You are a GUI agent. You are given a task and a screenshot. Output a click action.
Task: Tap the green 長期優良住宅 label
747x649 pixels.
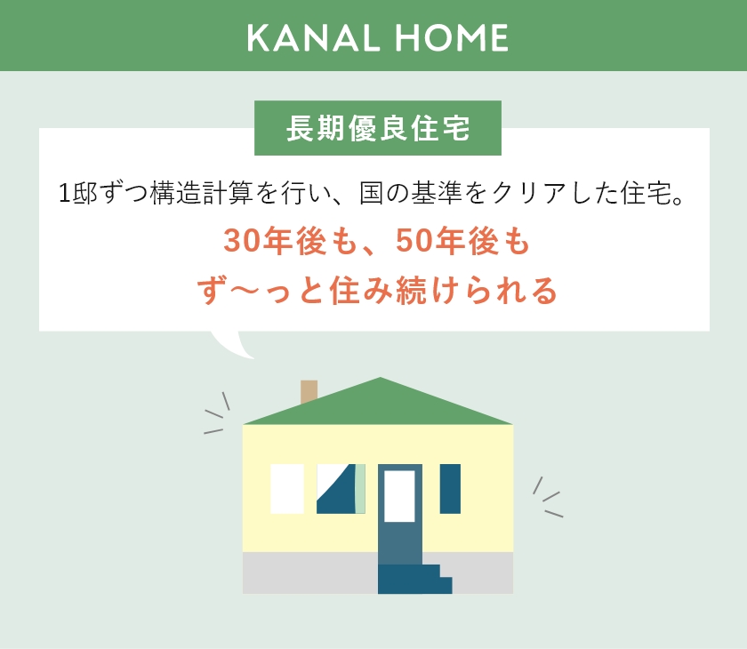378,129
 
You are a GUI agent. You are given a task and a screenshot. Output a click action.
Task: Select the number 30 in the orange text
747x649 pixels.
239,241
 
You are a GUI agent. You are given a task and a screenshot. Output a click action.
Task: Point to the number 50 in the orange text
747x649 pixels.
411,241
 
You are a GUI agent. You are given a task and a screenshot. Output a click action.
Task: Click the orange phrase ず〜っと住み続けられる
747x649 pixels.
378,291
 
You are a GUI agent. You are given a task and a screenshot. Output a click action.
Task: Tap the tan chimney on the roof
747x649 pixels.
309,390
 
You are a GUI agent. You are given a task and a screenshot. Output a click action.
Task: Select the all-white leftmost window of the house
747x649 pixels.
286,488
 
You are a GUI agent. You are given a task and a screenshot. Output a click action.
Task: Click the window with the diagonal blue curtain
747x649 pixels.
340,489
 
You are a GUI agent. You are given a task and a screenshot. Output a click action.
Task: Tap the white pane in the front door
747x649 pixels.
399,495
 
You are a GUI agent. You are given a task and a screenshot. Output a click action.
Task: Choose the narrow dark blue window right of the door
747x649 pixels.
450,488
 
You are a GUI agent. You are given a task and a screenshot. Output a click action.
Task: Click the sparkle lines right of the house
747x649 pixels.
547,498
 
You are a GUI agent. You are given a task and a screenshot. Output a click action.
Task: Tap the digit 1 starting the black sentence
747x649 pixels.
64,193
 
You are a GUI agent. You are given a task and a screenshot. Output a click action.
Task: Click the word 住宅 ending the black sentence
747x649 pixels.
645,193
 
